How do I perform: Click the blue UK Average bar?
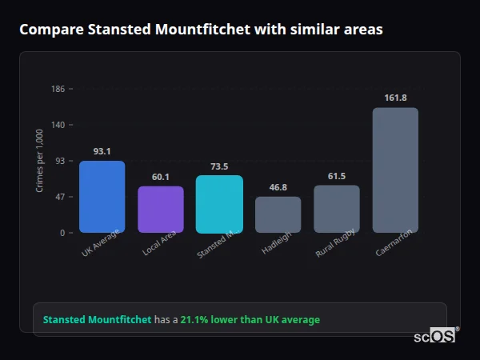click(102, 197)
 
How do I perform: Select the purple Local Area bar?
click(161, 210)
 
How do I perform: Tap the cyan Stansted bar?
click(219, 204)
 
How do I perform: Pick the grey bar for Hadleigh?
click(278, 214)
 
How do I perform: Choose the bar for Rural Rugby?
click(337, 209)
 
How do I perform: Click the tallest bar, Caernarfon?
click(395, 170)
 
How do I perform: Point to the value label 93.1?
click(102, 151)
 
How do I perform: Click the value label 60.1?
click(161, 177)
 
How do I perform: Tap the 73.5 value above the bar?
click(219, 166)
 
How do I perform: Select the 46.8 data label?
click(278, 187)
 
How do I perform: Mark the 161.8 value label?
click(395, 98)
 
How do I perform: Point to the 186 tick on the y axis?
click(58, 89)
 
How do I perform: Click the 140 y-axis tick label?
click(58, 125)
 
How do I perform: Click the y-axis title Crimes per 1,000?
click(40, 161)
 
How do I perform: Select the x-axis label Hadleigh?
click(277, 243)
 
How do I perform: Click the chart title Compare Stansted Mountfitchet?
click(201, 30)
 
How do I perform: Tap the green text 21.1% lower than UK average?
click(250, 320)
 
